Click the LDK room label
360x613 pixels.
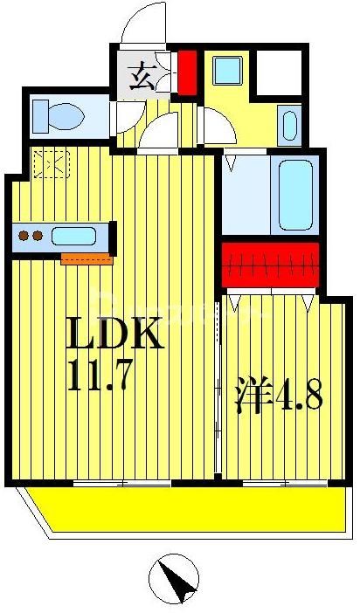[x=114, y=332]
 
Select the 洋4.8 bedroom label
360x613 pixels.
[x=279, y=394]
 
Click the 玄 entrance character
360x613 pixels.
[x=142, y=76]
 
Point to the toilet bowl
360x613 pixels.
[x=66, y=116]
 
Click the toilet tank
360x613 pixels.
[x=41, y=116]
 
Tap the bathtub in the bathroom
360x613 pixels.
[x=295, y=195]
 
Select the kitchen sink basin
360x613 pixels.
[x=73, y=236]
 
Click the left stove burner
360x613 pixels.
[x=24, y=236]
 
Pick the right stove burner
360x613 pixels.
[x=38, y=236]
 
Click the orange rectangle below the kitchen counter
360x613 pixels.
[x=87, y=258]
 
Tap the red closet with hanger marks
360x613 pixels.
[x=270, y=265]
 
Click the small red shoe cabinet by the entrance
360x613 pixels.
[x=188, y=72]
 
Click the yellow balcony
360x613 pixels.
[x=188, y=509]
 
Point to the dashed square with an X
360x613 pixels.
[x=52, y=164]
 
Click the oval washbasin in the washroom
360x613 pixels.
[x=289, y=126]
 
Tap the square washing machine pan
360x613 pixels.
[x=227, y=71]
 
